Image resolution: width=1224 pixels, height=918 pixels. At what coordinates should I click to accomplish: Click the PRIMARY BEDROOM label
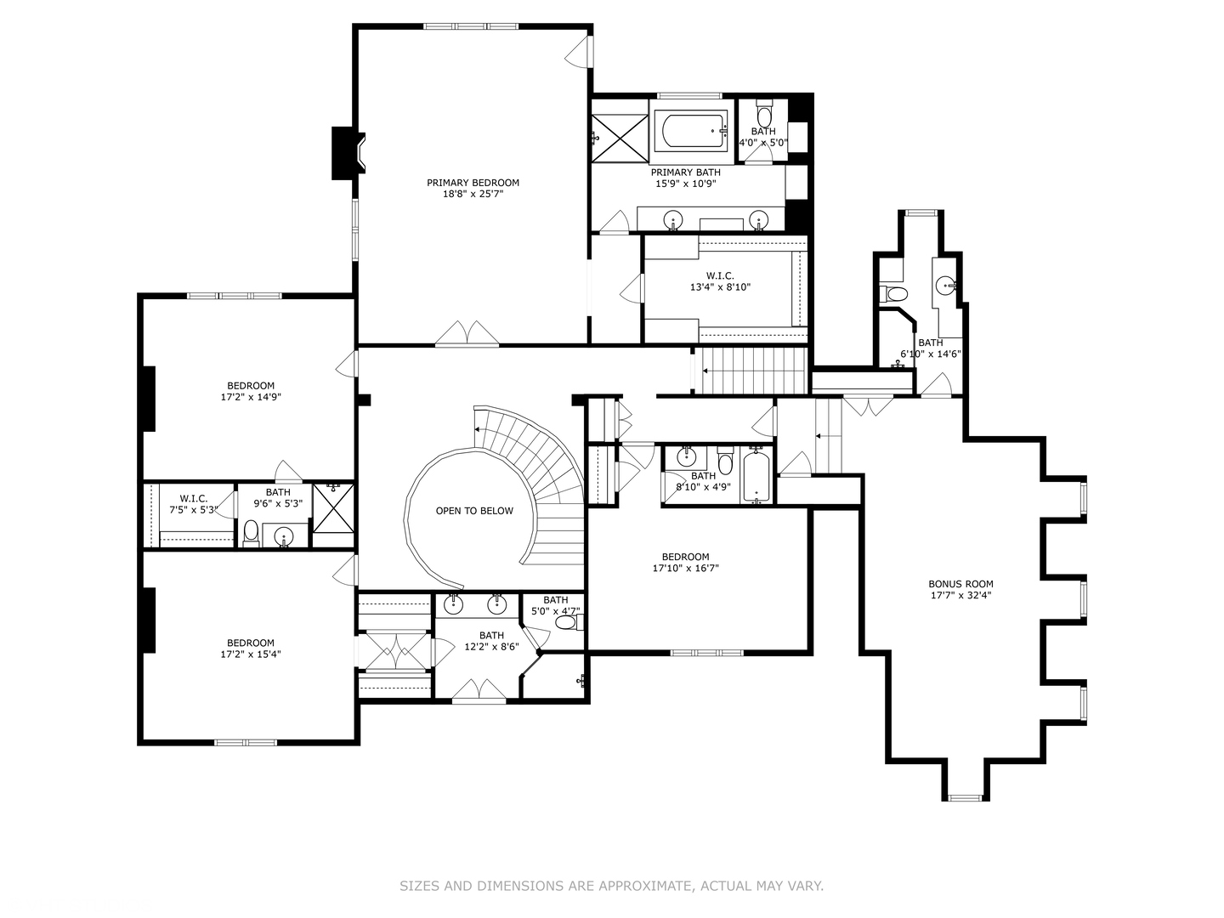click(473, 183)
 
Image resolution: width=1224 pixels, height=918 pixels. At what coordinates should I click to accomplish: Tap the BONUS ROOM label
click(960, 584)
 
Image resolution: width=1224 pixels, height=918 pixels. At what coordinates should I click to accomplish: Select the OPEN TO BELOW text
click(474, 511)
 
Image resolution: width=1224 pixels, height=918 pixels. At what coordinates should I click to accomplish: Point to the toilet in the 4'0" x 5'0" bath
click(763, 114)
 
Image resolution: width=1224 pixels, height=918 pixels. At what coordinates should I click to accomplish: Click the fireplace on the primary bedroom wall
click(348, 153)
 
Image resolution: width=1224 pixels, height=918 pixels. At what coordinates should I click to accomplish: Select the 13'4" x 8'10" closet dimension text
click(720, 287)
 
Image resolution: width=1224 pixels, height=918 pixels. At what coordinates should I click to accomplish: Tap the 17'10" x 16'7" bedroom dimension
click(685, 569)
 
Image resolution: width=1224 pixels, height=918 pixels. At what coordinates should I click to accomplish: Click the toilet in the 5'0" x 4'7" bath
click(569, 622)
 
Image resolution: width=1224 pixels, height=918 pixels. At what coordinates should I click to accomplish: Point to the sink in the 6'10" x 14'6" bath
click(945, 285)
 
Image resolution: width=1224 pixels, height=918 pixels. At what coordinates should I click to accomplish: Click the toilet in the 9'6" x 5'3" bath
click(251, 532)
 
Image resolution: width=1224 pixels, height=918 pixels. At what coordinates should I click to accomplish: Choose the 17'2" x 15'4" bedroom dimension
click(251, 654)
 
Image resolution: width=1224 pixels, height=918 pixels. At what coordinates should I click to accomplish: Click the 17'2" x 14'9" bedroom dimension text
click(251, 398)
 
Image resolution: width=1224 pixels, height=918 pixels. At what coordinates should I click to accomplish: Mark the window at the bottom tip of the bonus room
click(966, 797)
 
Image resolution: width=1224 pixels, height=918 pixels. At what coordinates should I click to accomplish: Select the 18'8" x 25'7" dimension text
click(473, 194)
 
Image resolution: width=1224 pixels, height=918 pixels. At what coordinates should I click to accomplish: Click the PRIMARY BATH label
click(685, 173)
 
